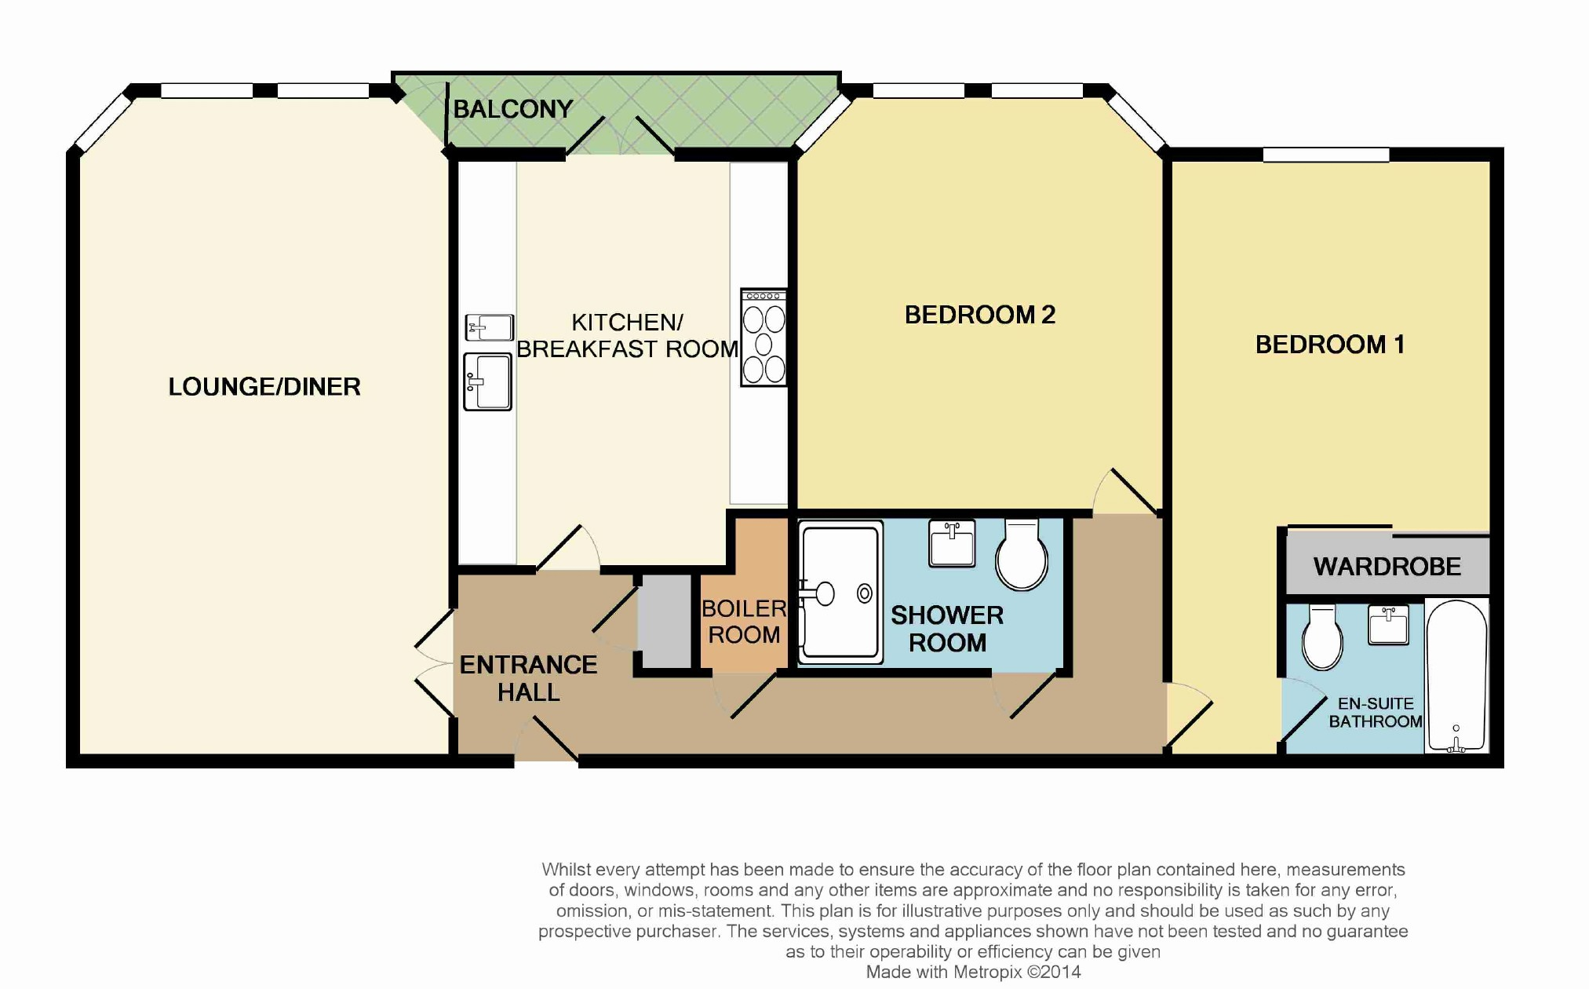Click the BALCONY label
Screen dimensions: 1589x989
[513, 109]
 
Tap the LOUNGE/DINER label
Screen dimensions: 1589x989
[264, 386]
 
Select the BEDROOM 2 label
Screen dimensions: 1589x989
[980, 315]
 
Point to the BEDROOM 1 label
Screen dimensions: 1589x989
[1330, 345]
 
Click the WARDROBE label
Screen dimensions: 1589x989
[1387, 567]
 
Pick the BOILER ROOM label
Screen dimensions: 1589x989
[744, 621]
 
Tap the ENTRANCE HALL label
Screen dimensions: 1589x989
[529, 678]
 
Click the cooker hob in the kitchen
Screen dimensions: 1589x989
[764, 338]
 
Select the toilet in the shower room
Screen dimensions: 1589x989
[1022, 553]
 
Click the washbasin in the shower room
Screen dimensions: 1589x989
[952, 543]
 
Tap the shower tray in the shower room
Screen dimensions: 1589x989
[840, 593]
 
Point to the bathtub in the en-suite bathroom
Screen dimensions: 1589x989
[1456, 677]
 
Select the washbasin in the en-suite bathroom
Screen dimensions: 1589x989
[1388, 625]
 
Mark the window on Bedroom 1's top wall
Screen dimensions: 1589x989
[1326, 155]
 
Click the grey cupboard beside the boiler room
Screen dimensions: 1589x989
[664, 622]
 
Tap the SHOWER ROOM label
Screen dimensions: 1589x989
[947, 629]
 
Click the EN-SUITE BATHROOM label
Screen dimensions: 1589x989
[1376, 713]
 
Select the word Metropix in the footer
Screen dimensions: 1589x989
[988, 972]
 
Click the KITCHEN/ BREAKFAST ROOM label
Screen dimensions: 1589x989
[628, 335]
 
